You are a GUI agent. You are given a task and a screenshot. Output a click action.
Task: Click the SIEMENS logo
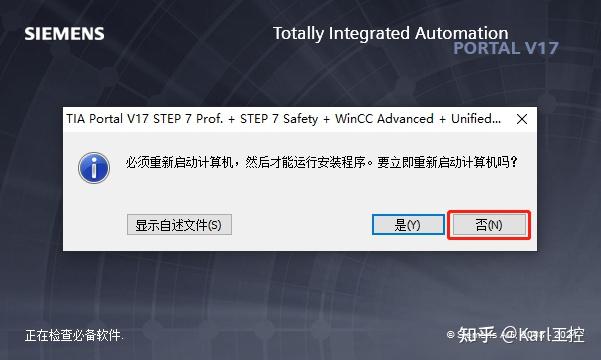(64, 34)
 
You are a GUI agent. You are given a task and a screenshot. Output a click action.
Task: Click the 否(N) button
(489, 225)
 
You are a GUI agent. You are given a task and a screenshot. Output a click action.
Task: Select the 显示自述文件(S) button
(179, 225)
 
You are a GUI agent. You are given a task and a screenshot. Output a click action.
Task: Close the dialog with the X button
(522, 118)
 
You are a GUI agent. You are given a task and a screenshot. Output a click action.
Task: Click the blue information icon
(94, 166)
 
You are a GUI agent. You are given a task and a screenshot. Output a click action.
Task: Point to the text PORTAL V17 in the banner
(506, 48)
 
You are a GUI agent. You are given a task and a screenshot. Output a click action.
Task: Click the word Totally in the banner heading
(298, 33)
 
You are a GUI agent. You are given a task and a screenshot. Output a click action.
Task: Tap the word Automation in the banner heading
(462, 33)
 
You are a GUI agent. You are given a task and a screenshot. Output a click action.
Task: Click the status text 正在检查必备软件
(75, 335)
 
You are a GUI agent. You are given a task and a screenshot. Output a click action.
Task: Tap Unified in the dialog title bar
(471, 118)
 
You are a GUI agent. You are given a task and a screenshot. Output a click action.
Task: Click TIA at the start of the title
(76, 118)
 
